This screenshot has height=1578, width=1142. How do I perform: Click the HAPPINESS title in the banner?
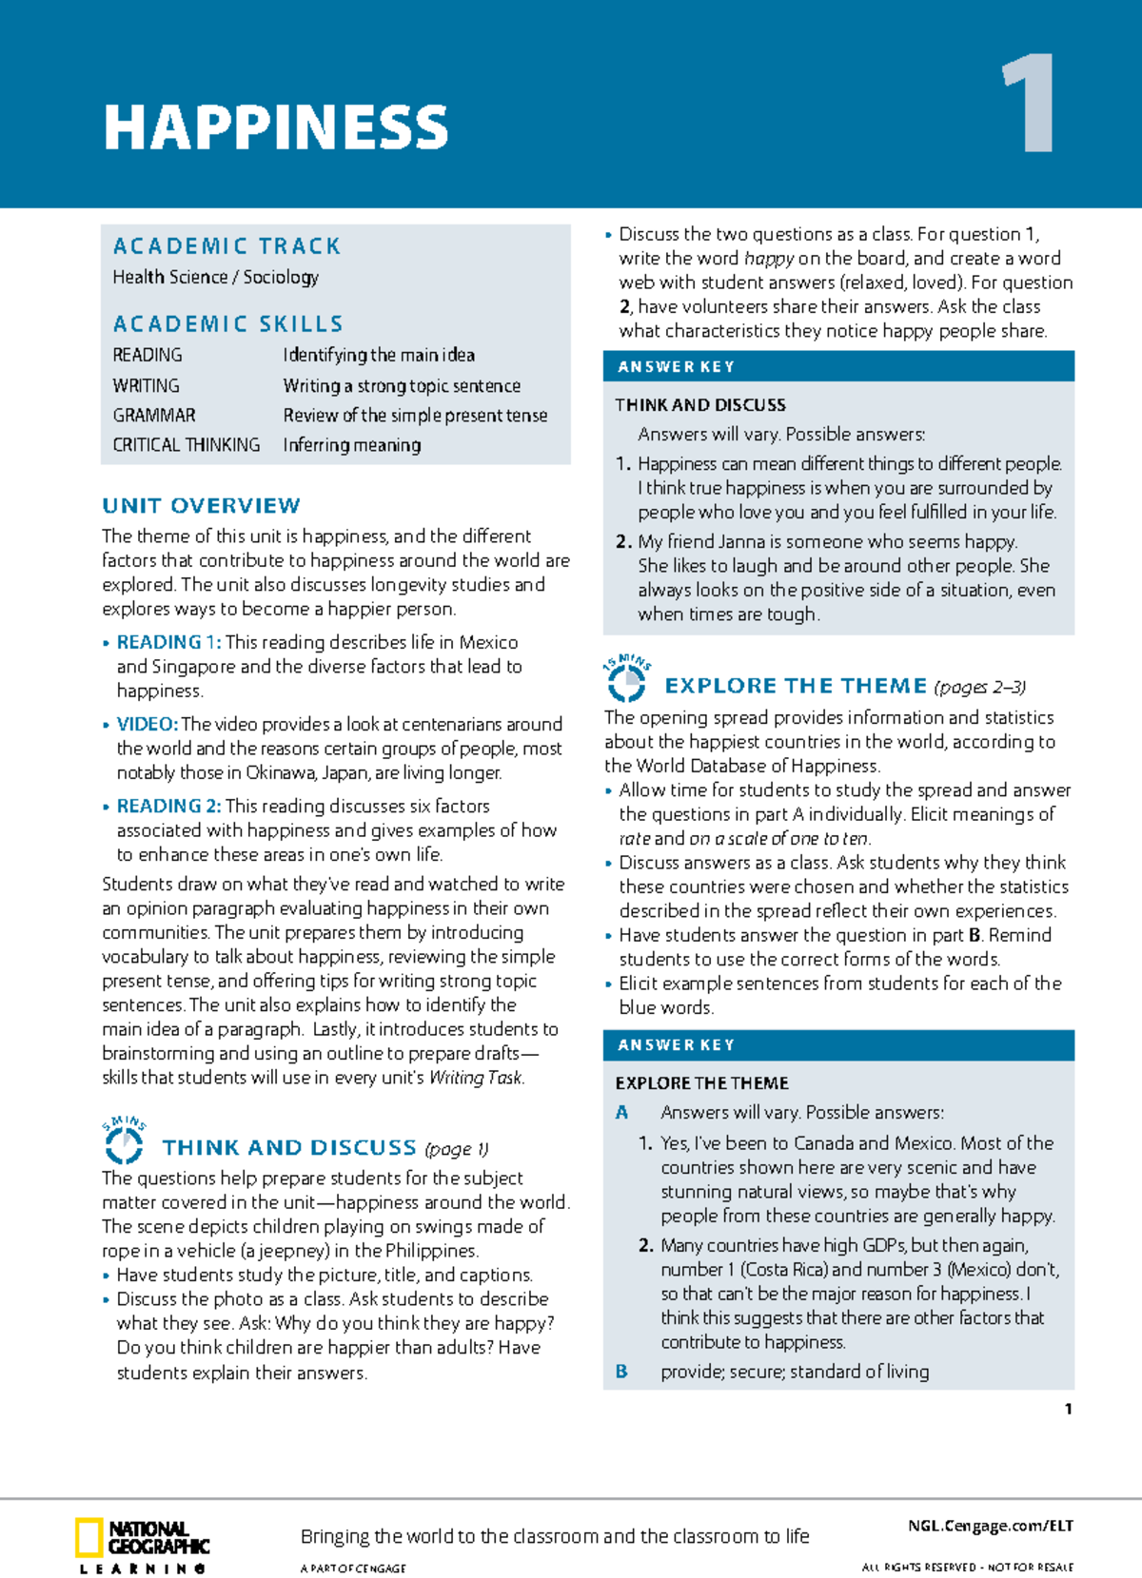tap(276, 128)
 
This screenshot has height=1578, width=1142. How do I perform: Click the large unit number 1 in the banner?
tap(1029, 105)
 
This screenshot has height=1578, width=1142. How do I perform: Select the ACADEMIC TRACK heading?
tap(226, 246)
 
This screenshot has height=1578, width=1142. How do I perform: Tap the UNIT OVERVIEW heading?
tap(201, 505)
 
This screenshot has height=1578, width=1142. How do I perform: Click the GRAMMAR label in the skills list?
tap(154, 416)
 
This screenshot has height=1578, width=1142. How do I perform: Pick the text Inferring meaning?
tap(351, 445)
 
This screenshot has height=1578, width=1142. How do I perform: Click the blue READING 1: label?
tap(168, 642)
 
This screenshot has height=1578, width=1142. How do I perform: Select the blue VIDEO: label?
tap(147, 724)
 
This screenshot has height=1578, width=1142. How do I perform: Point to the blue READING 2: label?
tap(168, 806)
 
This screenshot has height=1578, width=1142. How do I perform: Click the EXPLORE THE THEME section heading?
tap(796, 686)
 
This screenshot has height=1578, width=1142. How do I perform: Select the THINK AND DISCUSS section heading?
tap(289, 1148)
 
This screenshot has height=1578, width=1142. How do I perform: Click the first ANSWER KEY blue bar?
tap(838, 366)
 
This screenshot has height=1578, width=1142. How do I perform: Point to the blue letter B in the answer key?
tap(621, 1372)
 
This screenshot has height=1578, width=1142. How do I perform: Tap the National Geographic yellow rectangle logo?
tap(89, 1538)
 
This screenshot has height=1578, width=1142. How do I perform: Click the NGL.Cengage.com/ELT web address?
tap(990, 1526)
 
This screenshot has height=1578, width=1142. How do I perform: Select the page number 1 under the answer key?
tap(1068, 1409)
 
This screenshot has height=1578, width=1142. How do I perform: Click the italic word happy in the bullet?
tap(769, 259)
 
